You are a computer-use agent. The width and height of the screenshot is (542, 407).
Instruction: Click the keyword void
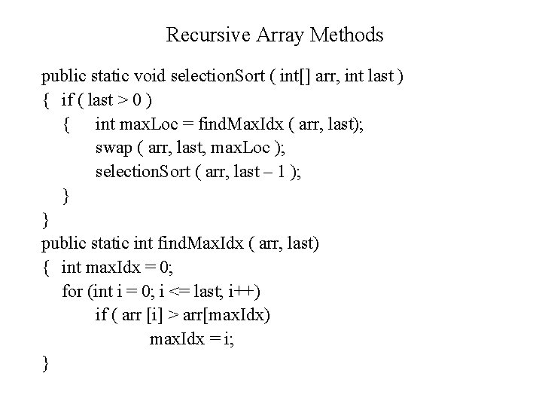tap(151, 76)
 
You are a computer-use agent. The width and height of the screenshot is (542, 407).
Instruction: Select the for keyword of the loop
tap(72, 292)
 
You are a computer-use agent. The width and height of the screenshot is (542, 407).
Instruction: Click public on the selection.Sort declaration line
tap(63, 76)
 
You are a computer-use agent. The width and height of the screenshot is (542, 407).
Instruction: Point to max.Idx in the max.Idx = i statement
tap(176, 339)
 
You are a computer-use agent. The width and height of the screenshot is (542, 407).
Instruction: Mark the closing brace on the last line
tap(46, 364)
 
